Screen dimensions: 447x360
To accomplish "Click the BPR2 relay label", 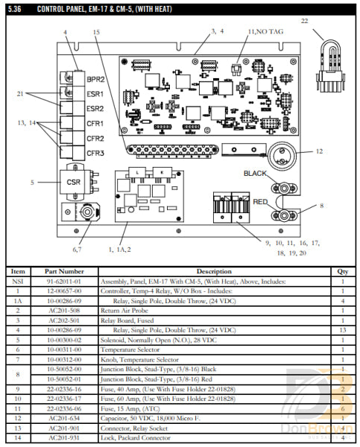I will pos(95,78).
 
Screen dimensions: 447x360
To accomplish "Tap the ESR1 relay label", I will pos(95,94).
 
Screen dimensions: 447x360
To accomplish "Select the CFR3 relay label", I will pos(95,153).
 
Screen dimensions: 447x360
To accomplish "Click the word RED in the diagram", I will pos(261,201).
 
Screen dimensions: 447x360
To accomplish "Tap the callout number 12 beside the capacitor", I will pos(319,151).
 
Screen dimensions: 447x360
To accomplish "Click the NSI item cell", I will pos(18,282).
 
